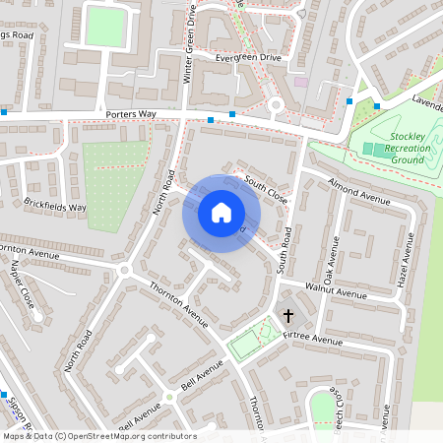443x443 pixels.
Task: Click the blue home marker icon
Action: click(221, 213)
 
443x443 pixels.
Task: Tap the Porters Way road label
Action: click(130, 115)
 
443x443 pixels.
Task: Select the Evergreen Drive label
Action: click(248, 58)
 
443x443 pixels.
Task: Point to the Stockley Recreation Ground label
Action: click(407, 147)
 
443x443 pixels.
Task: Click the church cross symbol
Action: click(288, 316)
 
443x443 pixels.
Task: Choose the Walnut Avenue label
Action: click(335, 291)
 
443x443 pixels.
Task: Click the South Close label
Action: click(267, 189)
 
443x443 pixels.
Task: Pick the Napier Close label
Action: click(22, 285)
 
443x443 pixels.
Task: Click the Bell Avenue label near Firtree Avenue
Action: click(202, 375)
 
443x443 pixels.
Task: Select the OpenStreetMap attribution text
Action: click(98, 436)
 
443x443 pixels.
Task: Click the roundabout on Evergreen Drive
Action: click(276, 104)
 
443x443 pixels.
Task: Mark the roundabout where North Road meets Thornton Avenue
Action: click(124, 269)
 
